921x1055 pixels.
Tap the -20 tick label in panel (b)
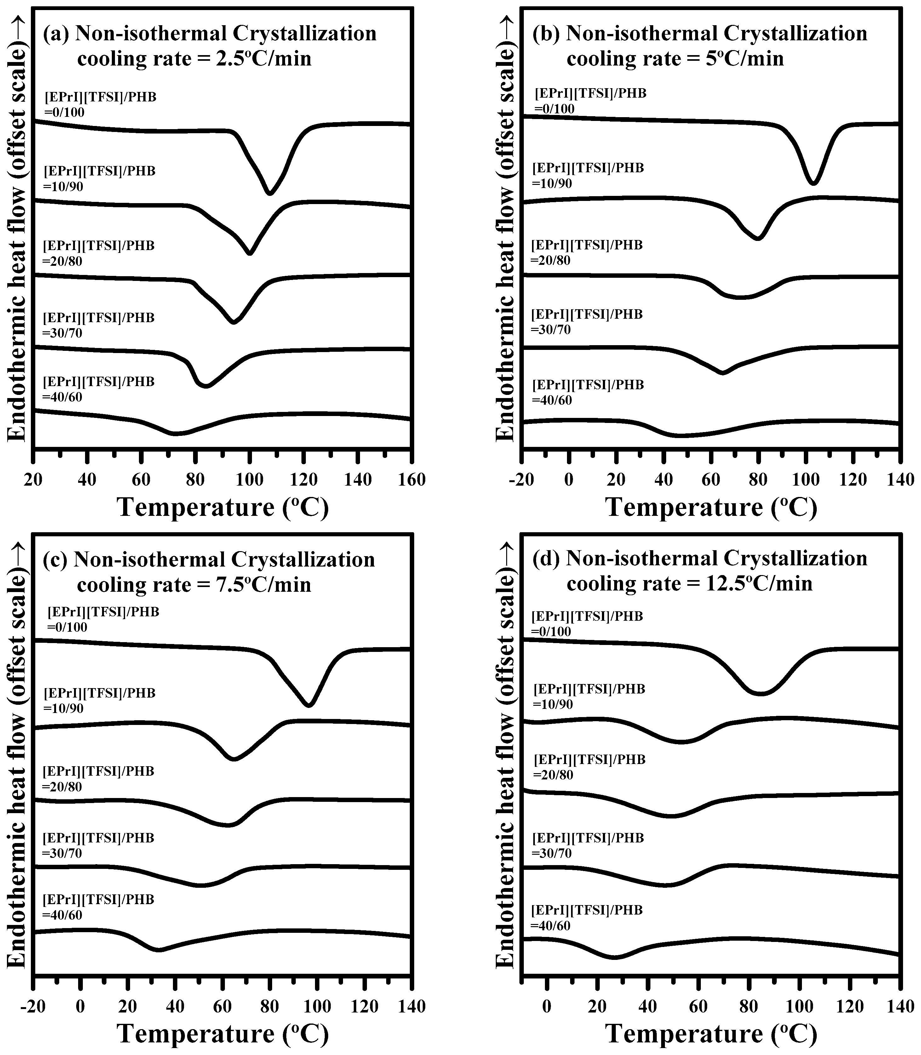point(521,480)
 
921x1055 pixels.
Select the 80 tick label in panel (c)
point(270,1006)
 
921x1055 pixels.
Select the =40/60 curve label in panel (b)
point(552,400)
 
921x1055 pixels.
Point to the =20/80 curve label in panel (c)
point(62,787)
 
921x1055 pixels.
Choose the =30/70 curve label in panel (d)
point(552,853)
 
